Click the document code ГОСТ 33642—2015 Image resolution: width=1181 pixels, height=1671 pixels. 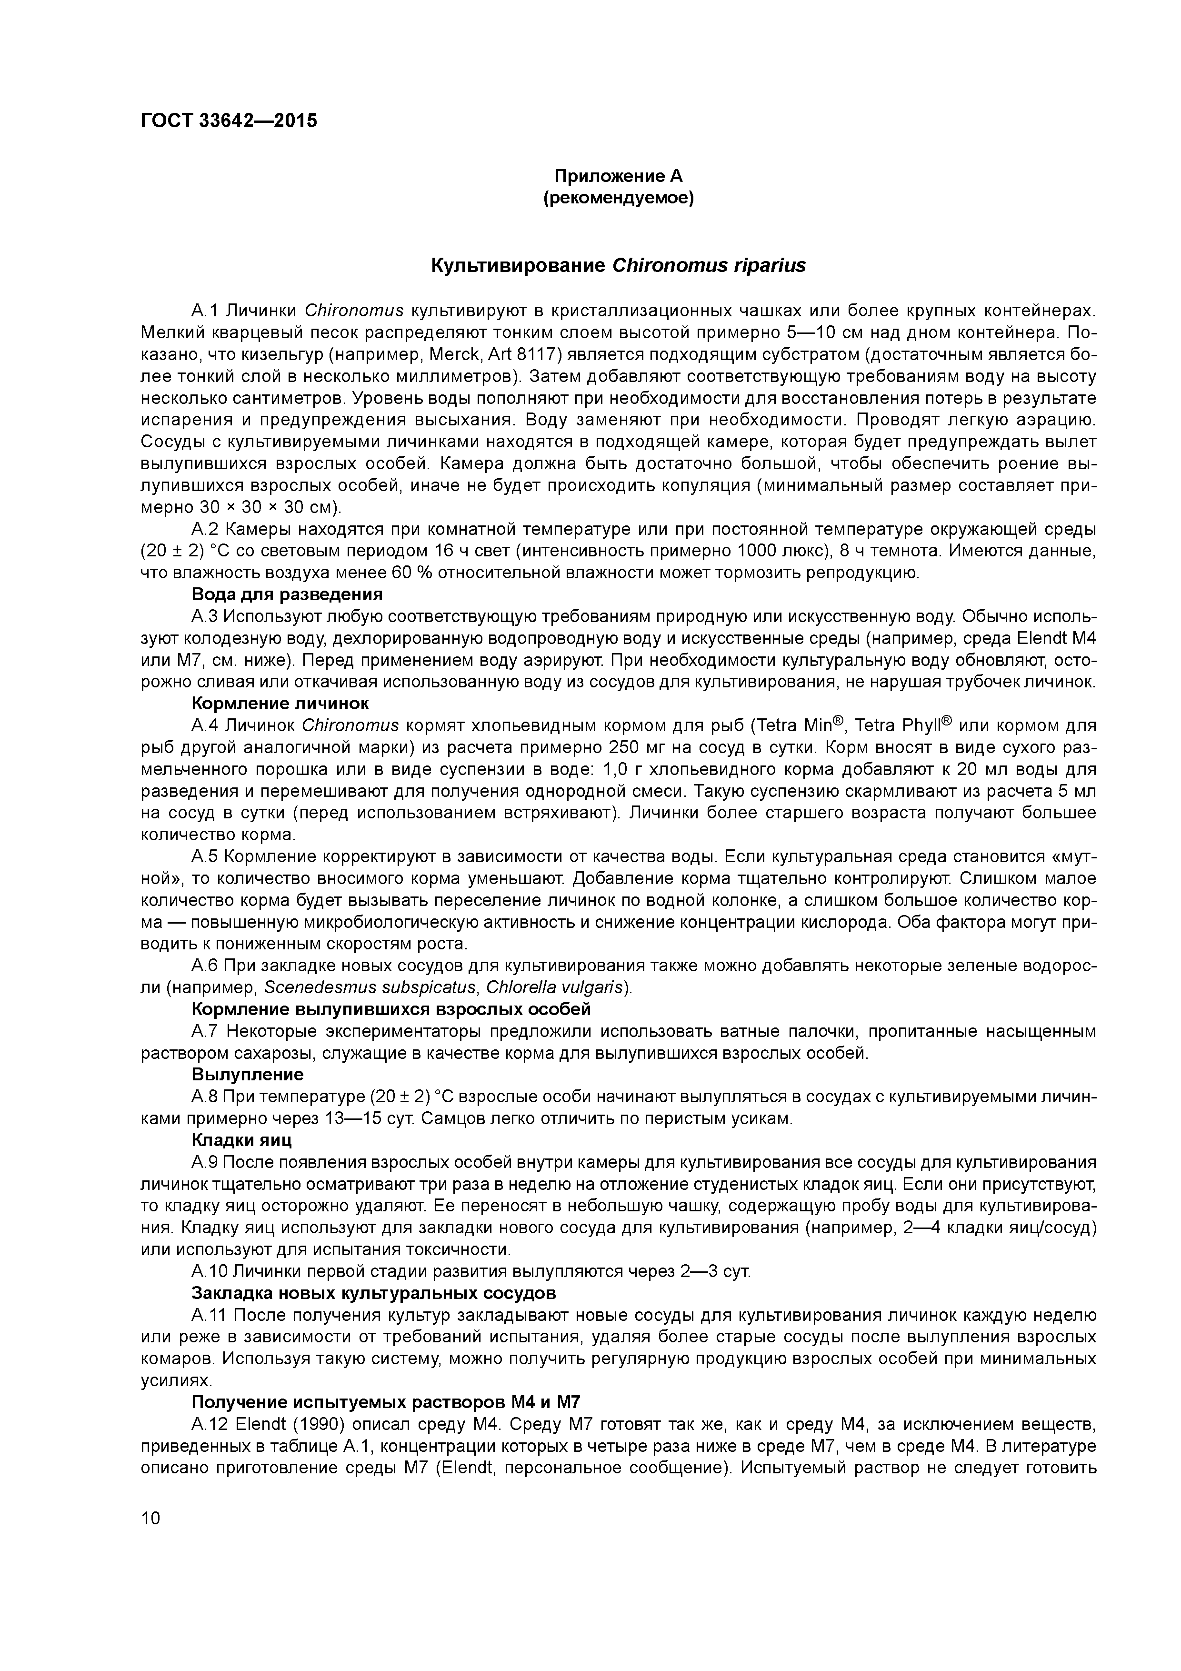[x=229, y=121]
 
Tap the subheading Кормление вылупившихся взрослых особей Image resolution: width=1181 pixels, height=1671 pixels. [x=391, y=1009]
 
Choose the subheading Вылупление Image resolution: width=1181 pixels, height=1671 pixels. [x=248, y=1075]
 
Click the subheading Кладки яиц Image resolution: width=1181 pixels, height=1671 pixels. [x=241, y=1140]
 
